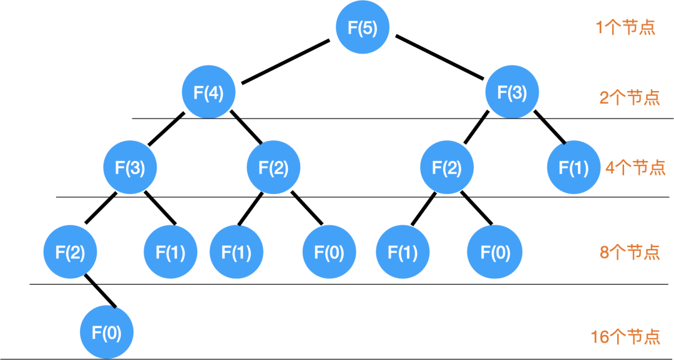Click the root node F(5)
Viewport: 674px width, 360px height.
pos(363,28)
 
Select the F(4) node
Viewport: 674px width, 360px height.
pos(208,92)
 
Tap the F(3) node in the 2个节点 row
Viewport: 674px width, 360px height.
pos(512,92)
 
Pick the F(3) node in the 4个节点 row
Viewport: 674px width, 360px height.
pos(130,167)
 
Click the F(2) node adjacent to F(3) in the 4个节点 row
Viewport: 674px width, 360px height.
pos(273,167)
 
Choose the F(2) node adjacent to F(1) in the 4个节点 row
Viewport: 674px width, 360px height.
pos(447,167)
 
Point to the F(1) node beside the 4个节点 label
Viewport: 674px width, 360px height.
pos(574,167)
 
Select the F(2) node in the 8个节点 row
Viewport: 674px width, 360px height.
pos(70,252)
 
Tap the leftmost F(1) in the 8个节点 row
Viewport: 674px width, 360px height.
pos(170,252)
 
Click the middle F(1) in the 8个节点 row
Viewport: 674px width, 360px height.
pos(237,252)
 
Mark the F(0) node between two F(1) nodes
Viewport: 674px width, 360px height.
pos(329,252)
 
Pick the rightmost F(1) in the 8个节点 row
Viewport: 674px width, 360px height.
pos(403,252)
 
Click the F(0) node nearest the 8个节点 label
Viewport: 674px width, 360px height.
pos(495,252)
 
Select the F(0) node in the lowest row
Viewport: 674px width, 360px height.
pos(107,333)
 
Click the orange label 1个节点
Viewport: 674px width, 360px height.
pos(625,28)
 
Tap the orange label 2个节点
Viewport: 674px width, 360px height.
pos(629,98)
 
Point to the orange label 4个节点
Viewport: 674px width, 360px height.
pos(635,168)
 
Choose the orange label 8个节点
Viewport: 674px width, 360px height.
pos(629,252)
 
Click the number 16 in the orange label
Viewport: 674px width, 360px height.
pos(599,337)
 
